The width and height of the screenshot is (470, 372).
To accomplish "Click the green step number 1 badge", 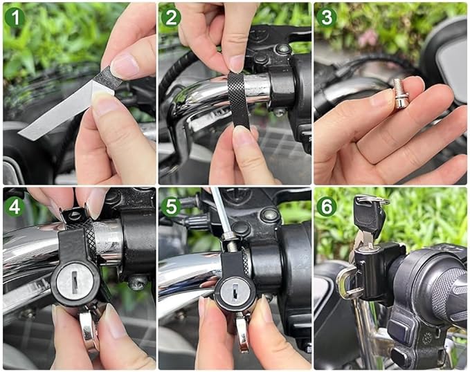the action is pos(15,18).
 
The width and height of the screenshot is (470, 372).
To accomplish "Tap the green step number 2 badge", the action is pos(171,18).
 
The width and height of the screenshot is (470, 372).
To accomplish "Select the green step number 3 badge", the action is pos(327,18).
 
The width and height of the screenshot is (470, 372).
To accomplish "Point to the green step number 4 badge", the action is pos(15,206).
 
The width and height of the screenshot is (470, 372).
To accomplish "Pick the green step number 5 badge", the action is pos(171,206).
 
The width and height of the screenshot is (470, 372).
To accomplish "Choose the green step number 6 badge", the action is pos(327,206).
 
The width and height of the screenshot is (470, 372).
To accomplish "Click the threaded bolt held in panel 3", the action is pos(401,93).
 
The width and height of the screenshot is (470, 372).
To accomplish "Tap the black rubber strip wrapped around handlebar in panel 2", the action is pos(238,99).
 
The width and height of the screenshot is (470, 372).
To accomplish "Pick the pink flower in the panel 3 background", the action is pos(368,38).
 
